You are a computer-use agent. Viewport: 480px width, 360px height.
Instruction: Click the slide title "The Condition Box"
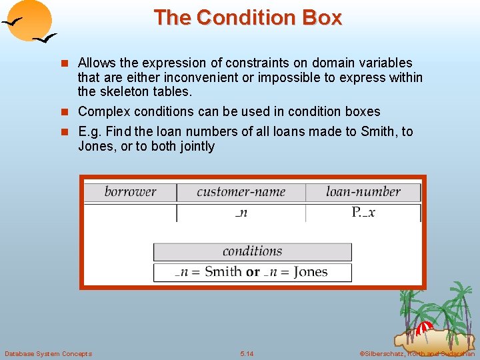click(x=247, y=17)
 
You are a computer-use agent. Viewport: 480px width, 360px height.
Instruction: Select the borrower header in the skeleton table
click(x=130, y=192)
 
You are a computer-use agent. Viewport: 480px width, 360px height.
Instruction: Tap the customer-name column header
click(x=241, y=192)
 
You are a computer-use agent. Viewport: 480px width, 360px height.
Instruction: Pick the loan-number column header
click(x=363, y=192)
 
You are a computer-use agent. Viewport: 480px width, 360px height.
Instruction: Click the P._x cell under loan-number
click(x=363, y=213)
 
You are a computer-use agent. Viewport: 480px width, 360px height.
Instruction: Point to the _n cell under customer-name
click(x=241, y=213)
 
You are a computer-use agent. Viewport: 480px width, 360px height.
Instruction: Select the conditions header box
click(x=252, y=251)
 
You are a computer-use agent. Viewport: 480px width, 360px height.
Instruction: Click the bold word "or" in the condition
click(x=253, y=272)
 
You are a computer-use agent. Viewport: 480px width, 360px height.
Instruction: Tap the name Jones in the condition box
click(x=310, y=272)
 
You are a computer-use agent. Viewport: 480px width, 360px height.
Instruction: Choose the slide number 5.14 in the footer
click(x=247, y=353)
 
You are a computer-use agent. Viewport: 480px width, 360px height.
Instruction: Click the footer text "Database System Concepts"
click(x=48, y=353)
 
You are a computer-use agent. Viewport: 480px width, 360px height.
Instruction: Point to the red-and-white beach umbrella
click(x=424, y=329)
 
